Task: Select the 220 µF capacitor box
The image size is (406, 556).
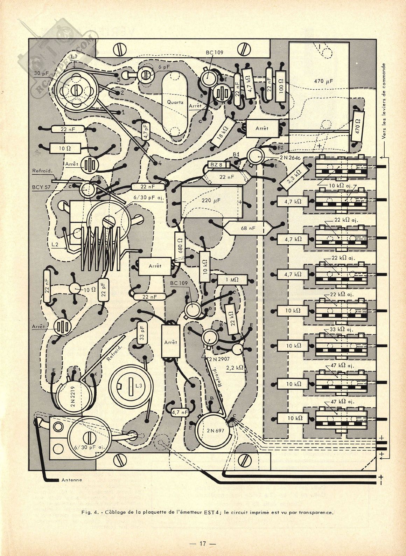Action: (211, 202)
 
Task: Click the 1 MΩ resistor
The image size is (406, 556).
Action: (232, 280)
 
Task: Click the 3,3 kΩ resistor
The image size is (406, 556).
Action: (295, 176)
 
